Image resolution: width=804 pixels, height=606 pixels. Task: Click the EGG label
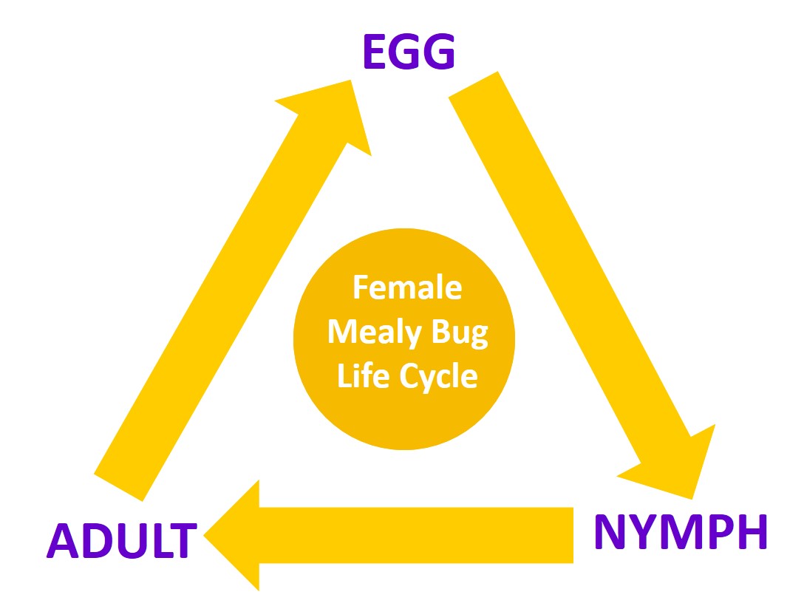click(409, 51)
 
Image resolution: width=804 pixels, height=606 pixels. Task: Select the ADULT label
click(122, 540)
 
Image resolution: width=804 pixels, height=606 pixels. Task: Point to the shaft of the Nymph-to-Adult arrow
click(416, 535)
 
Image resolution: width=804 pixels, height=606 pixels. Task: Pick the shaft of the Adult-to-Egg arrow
click(220, 307)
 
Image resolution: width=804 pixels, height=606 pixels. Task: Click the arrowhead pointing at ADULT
click(232, 535)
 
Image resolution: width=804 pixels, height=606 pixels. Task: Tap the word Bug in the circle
click(460, 333)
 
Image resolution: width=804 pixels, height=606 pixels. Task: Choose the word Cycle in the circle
click(438, 377)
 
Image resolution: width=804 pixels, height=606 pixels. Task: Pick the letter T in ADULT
click(183, 540)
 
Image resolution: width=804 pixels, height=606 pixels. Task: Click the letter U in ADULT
click(130, 541)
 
